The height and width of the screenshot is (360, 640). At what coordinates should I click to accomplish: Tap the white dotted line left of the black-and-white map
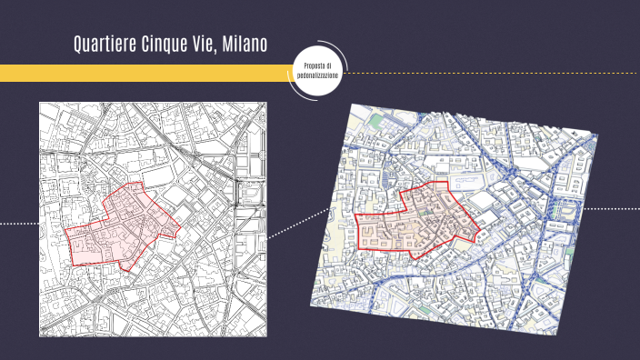(18, 223)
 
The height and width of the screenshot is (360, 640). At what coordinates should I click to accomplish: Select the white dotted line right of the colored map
(609, 208)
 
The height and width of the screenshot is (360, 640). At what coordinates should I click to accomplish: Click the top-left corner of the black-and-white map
(40, 102)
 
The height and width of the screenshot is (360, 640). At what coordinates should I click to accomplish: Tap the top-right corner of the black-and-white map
(266, 102)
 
